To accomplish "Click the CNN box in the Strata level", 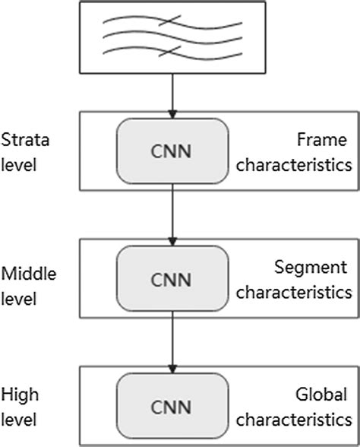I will point(172,150).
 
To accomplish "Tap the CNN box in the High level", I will point(172,402).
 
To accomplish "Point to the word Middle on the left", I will point(23,273).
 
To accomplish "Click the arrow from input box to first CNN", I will point(173,95).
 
